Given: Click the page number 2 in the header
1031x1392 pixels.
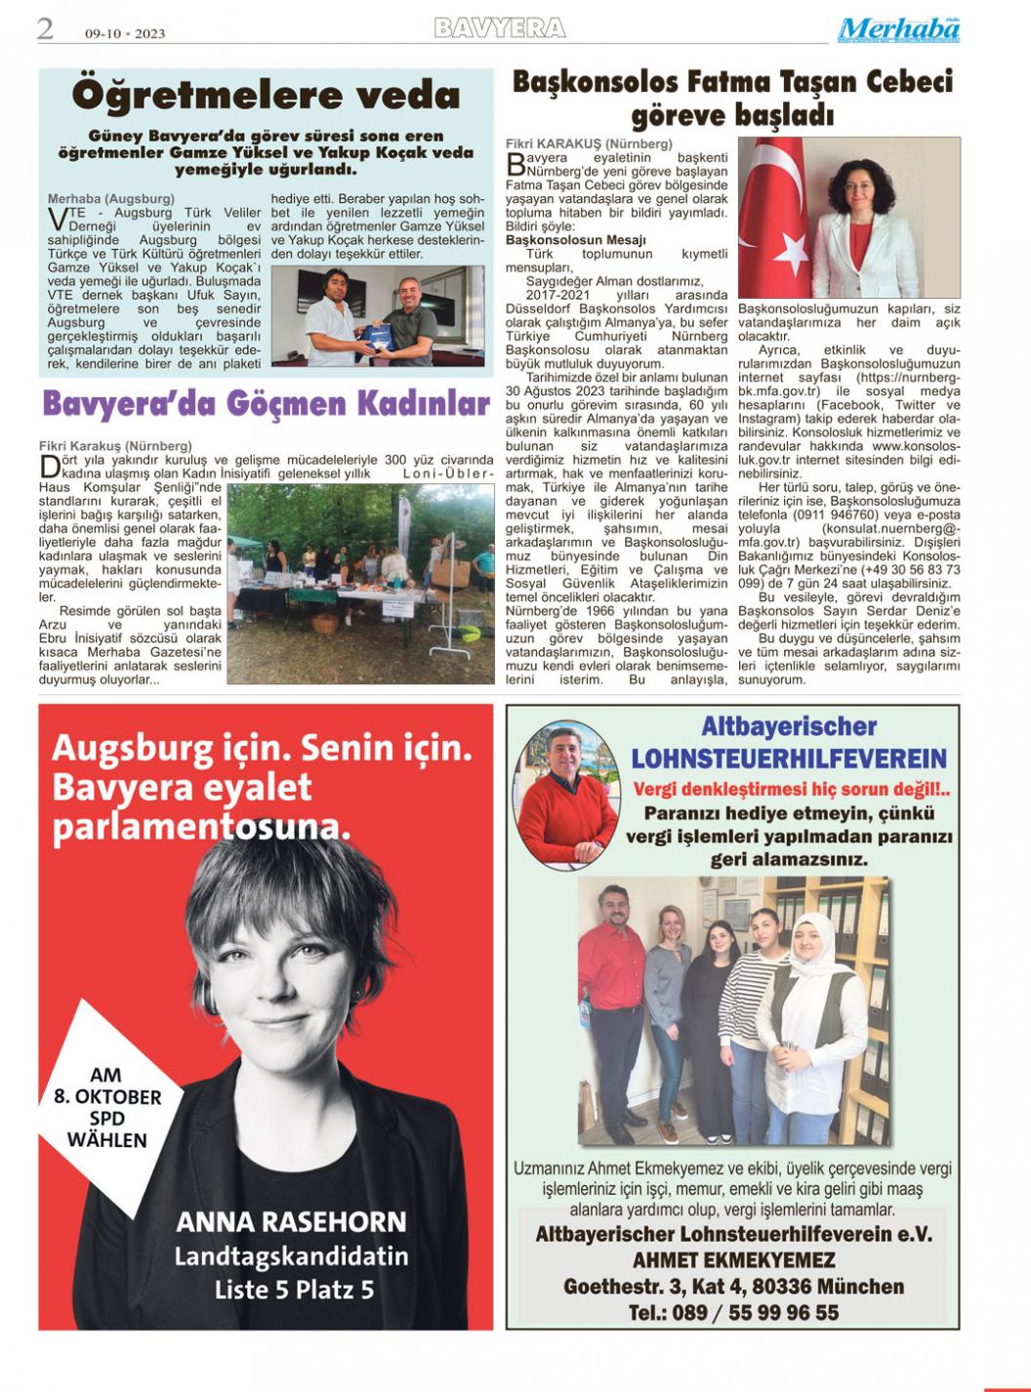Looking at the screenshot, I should (x=46, y=29).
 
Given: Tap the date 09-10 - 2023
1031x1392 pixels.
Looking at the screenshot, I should (x=125, y=33).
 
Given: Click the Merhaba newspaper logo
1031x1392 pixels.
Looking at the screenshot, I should (x=898, y=30).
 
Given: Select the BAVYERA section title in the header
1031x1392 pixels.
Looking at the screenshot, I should (x=500, y=28).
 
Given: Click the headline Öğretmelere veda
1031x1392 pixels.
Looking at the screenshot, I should (x=266, y=96).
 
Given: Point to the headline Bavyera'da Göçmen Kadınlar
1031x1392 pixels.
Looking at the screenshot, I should (x=266, y=403).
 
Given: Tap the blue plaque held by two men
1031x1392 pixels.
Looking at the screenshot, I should (x=377, y=335).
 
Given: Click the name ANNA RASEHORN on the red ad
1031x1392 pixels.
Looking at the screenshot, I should (x=291, y=1221).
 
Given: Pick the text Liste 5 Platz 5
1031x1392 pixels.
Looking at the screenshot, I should (x=294, y=1290).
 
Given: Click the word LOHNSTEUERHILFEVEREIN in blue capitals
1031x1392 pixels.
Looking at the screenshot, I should (x=789, y=759).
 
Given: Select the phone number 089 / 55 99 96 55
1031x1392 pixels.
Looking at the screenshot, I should (x=733, y=1313).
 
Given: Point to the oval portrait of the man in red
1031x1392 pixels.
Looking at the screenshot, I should (x=566, y=795).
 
